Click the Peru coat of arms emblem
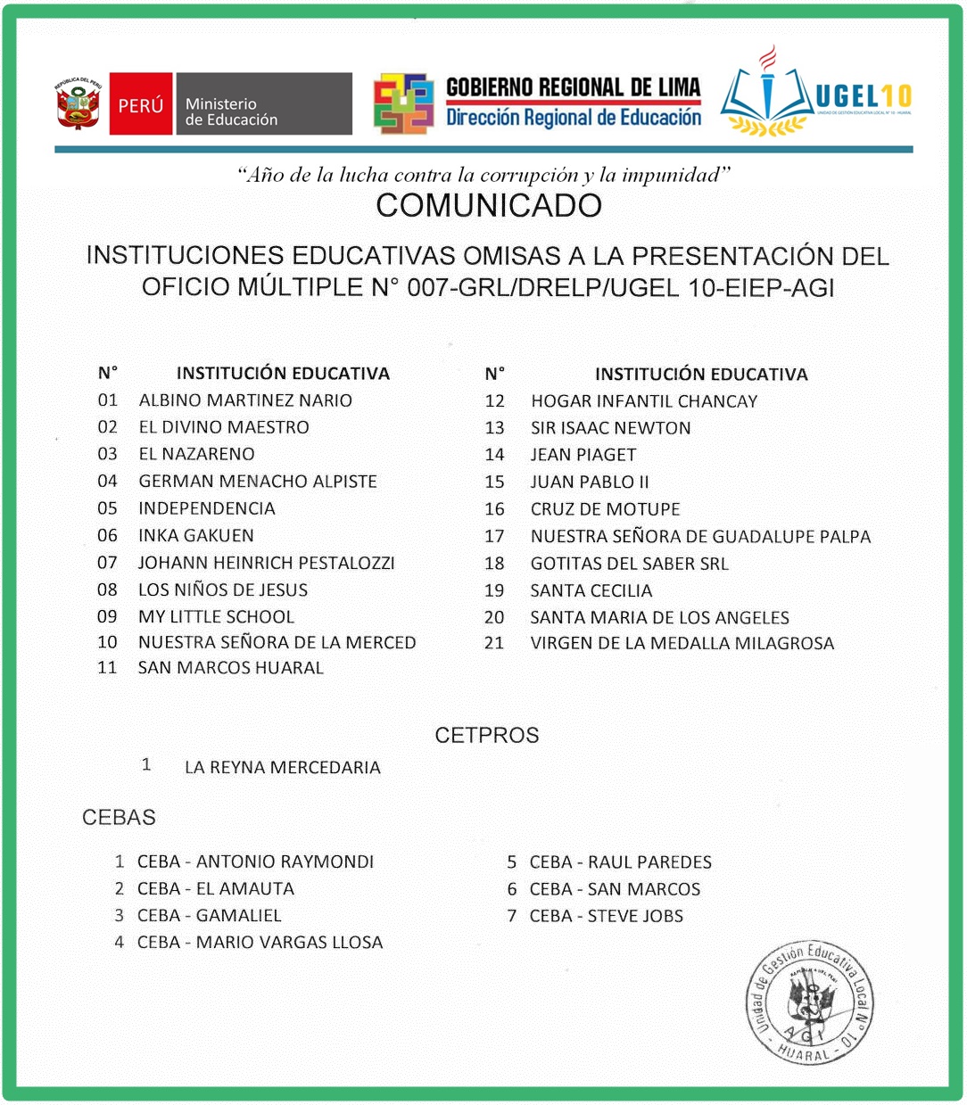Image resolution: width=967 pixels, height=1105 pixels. click(79, 104)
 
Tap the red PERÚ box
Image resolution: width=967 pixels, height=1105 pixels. click(141, 104)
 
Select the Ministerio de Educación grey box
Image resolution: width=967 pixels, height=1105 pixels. click(262, 104)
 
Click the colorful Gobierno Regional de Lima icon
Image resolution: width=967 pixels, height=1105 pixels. click(403, 103)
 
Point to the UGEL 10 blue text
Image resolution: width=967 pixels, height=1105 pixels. click(864, 96)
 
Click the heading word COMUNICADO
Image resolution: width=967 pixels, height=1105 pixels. click(488, 206)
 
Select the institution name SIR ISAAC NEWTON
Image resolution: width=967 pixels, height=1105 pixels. click(610, 428)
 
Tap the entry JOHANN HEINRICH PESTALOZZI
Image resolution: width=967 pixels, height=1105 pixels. click(266, 563)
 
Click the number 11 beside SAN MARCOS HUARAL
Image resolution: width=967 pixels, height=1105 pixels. click(107, 668)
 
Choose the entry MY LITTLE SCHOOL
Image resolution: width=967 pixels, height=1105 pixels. click(216, 616)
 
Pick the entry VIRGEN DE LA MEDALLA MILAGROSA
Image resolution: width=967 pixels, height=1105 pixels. click(682, 643)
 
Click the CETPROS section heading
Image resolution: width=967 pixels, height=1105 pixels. click(487, 736)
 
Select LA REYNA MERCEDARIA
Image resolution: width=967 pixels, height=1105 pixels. click(282, 767)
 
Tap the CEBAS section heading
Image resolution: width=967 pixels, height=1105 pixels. click(119, 818)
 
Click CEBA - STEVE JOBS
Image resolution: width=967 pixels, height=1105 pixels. click(606, 916)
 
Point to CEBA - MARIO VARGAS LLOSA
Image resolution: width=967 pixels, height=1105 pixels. click(260, 943)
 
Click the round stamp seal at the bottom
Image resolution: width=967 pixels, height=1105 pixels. click(809, 1003)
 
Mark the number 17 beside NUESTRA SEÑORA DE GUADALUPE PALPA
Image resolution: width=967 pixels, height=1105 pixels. click(494, 536)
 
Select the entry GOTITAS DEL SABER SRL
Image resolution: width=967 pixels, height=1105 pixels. click(629, 564)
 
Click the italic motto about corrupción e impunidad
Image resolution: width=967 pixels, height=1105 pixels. click(484, 175)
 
